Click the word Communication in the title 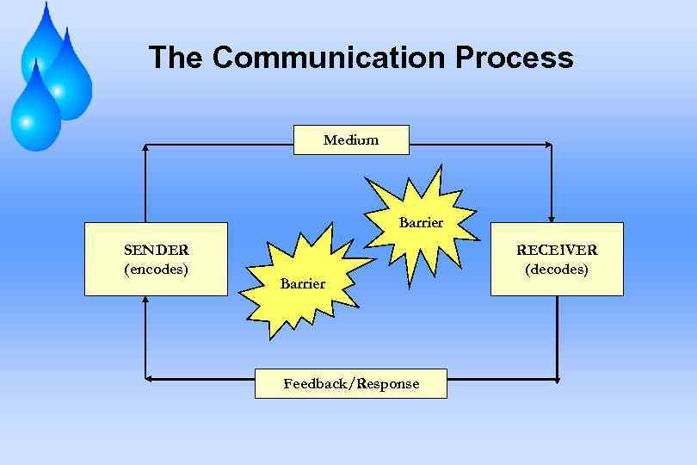(x=329, y=58)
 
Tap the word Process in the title (x=514, y=58)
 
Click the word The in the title (x=176, y=58)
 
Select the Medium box (x=351, y=139)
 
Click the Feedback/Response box (x=351, y=383)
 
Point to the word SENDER (x=156, y=250)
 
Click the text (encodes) (x=156, y=269)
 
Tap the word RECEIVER (x=557, y=250)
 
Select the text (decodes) (x=557, y=269)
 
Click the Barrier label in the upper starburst (x=421, y=222)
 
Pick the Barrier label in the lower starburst (x=302, y=283)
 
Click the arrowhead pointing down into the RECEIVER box (x=552, y=217)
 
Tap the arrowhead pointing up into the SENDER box (x=145, y=301)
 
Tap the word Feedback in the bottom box (x=313, y=383)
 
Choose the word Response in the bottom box (x=388, y=383)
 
